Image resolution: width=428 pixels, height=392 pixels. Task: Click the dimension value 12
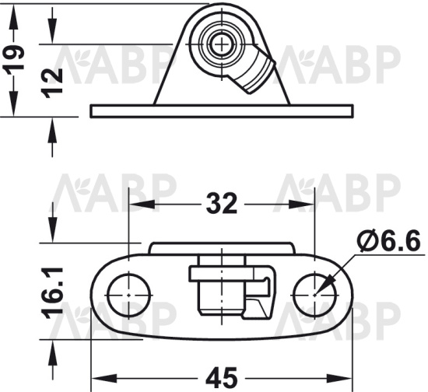[52, 83]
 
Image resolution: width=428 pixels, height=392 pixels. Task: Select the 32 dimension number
[221, 204]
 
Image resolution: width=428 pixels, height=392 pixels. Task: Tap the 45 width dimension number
[221, 379]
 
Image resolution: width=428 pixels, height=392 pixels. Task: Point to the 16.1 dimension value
[52, 293]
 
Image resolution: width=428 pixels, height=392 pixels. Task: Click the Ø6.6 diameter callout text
[388, 241]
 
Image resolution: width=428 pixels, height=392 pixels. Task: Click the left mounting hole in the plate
[129, 295]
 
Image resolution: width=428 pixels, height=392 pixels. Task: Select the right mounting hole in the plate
[315, 295]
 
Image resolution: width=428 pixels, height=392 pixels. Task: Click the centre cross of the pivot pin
[222, 44]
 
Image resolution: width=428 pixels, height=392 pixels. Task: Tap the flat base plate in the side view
[222, 111]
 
